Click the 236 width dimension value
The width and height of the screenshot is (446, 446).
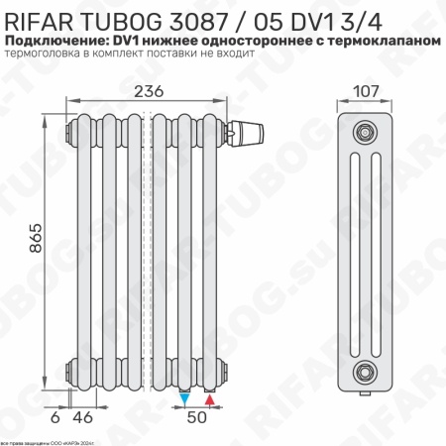point(150,91)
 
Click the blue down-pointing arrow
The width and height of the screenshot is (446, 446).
point(185,398)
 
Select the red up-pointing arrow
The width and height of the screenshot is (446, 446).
point(209,398)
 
